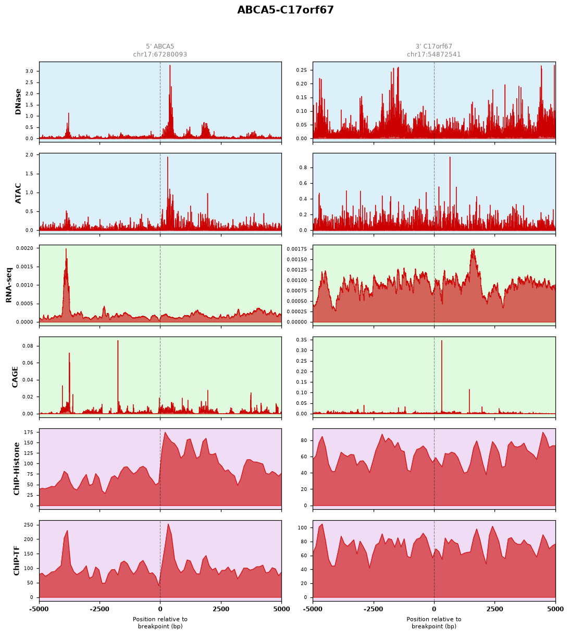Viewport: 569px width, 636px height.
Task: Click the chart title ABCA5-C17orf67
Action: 285,10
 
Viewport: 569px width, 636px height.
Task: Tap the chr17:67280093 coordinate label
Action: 160,54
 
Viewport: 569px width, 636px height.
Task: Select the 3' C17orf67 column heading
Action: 434,46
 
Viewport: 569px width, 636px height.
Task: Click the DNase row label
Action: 18,102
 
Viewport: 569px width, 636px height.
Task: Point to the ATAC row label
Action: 18,193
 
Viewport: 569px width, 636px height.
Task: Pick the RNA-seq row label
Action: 8,285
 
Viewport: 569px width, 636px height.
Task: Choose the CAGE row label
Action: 15,377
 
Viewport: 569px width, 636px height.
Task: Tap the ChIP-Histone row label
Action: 16,469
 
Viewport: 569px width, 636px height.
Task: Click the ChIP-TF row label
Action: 16,561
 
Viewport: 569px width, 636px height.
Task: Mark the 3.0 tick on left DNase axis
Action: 29,71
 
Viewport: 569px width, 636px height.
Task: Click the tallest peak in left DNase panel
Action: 170,66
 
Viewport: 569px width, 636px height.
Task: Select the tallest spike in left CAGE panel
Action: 118,341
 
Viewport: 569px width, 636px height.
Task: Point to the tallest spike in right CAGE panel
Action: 441,341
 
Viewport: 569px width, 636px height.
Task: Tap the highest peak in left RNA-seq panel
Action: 66,249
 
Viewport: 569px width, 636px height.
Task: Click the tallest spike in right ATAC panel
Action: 450,157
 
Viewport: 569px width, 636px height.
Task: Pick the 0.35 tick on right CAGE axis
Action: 301,340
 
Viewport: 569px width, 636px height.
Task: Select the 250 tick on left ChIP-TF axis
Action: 29,525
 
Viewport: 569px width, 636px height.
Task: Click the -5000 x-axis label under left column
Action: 39,609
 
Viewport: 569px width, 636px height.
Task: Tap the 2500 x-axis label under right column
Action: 494,609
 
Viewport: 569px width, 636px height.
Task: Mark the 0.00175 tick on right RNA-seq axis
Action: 297,249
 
